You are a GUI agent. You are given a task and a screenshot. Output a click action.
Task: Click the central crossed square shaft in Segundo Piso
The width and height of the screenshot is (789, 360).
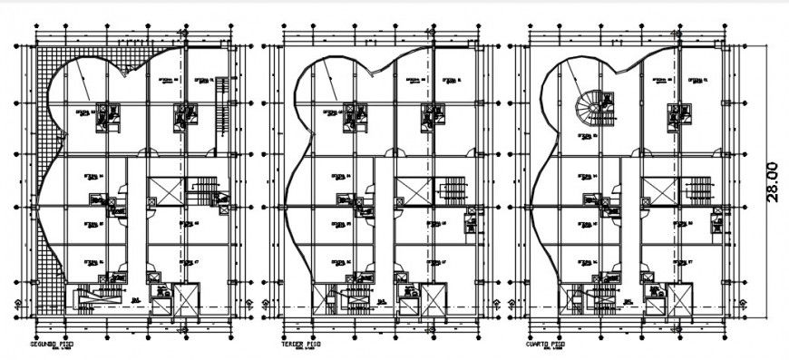165,191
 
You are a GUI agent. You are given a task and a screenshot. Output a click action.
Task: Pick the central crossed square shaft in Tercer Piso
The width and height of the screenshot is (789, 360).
412,191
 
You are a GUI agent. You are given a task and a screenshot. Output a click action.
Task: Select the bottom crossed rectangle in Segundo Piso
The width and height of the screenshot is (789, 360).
186,299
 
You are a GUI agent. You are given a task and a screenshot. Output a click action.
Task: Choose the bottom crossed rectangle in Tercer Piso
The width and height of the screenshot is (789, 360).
433,299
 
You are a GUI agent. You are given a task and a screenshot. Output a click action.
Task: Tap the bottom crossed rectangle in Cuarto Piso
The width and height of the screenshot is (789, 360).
679,299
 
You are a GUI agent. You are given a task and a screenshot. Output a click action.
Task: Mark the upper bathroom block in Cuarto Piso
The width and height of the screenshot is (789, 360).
679,116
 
